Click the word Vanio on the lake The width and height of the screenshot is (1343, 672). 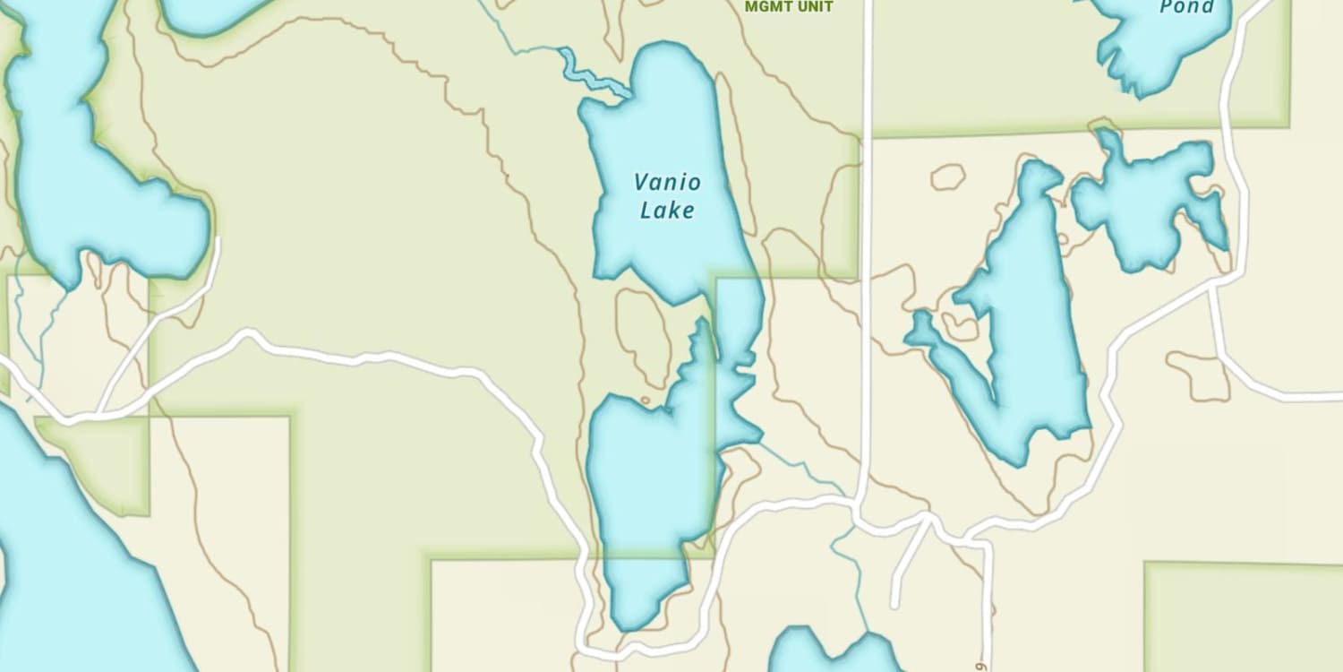click(x=667, y=183)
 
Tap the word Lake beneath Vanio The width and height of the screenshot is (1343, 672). click(x=667, y=211)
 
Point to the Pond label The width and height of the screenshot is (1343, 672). click(x=1187, y=8)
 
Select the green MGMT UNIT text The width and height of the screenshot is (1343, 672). click(x=789, y=7)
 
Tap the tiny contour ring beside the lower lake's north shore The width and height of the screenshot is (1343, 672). click(x=646, y=400)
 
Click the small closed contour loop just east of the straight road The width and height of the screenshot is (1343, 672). click(x=947, y=177)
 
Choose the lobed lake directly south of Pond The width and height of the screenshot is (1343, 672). click(x=1146, y=202)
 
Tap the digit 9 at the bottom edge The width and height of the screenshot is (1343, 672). click(x=981, y=666)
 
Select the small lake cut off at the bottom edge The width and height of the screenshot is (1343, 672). click(x=828, y=654)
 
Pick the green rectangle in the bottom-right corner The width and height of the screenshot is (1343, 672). click(x=1245, y=618)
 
